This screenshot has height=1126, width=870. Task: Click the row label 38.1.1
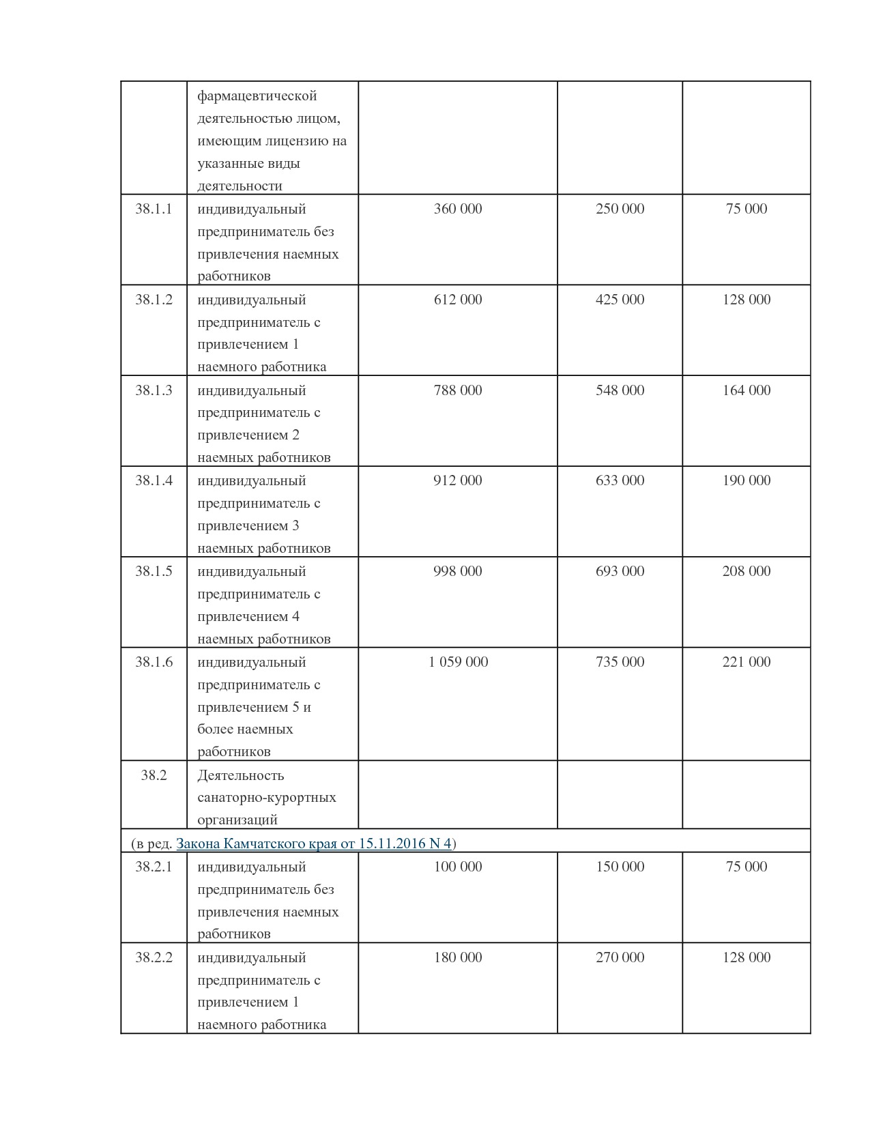tap(154, 209)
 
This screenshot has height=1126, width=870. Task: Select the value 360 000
tap(458, 209)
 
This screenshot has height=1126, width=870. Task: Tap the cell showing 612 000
tap(458, 300)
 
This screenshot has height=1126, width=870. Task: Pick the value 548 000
tap(620, 390)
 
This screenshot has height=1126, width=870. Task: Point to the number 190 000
tap(746, 480)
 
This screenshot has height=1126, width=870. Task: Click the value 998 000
tap(458, 571)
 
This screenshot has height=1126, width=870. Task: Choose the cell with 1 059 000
tap(458, 662)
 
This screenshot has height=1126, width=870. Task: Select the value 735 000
tap(620, 662)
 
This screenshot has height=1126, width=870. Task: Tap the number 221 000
tap(746, 662)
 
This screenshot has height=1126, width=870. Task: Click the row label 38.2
tap(154, 775)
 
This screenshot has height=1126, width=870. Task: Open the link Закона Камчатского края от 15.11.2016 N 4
tap(314, 843)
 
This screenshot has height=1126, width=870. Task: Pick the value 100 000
tap(458, 867)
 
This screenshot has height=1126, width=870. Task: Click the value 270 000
tap(620, 957)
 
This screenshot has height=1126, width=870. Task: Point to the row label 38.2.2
tap(154, 957)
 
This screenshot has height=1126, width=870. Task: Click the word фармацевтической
tap(257, 96)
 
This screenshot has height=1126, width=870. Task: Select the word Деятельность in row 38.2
tap(240, 775)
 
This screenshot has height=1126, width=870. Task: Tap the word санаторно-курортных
tap(267, 798)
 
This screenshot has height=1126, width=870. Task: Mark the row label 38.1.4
tap(154, 480)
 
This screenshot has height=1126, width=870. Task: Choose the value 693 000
tap(620, 571)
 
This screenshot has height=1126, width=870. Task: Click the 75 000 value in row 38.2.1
tap(746, 867)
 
